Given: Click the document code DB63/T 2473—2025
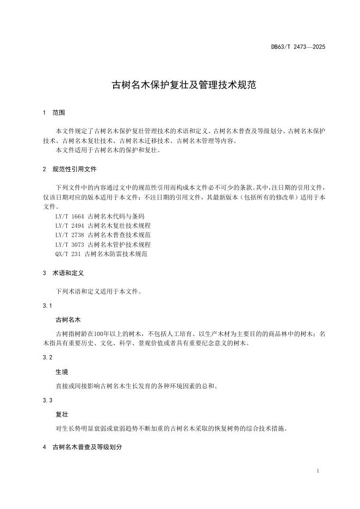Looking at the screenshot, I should pos(298,47).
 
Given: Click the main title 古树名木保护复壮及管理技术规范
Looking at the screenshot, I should pos(179,85).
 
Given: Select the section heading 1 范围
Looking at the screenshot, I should pos(54,113).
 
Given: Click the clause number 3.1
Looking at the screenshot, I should pos(47,306).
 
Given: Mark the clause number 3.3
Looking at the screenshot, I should pos(47,400).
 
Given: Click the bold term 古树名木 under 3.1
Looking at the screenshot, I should pos(68,319).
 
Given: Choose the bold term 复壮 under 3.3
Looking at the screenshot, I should pos(61,414).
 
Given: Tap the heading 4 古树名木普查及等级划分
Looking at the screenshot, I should pos(82,447).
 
